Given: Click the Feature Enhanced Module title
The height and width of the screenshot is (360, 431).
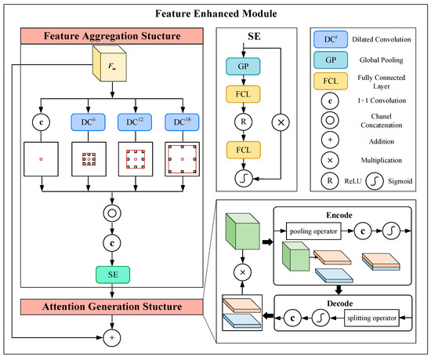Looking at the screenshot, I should coord(215,13).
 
